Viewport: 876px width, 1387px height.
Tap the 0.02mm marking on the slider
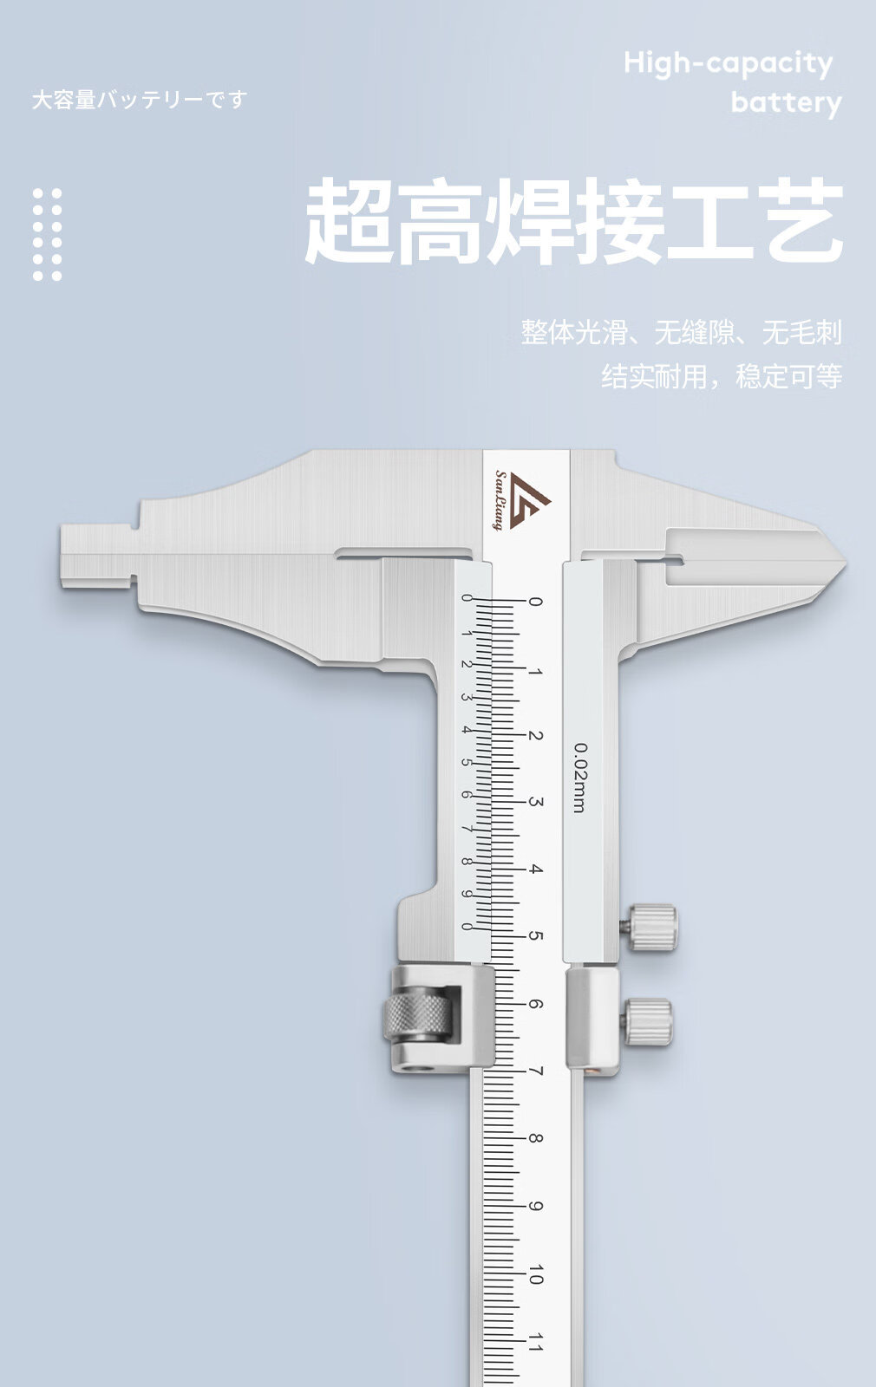(579, 778)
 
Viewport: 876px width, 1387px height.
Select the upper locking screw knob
(652, 927)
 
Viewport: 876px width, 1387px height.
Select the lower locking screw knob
(650, 1020)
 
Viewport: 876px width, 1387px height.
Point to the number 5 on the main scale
(535, 937)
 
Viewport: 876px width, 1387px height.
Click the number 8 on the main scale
(535, 1139)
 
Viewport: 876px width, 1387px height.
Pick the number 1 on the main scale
(535, 671)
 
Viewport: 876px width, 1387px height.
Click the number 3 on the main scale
(535, 803)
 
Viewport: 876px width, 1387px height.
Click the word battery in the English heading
(786, 103)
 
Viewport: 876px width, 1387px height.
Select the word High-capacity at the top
(728, 63)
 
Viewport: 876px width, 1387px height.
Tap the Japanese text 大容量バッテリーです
(140, 101)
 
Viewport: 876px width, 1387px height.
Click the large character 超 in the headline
(348, 222)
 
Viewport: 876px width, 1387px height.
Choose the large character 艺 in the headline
(799, 222)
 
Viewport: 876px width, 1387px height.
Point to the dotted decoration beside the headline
(48, 234)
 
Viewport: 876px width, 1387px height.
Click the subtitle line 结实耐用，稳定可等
(722, 376)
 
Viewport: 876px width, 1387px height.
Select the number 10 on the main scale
(535, 1275)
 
